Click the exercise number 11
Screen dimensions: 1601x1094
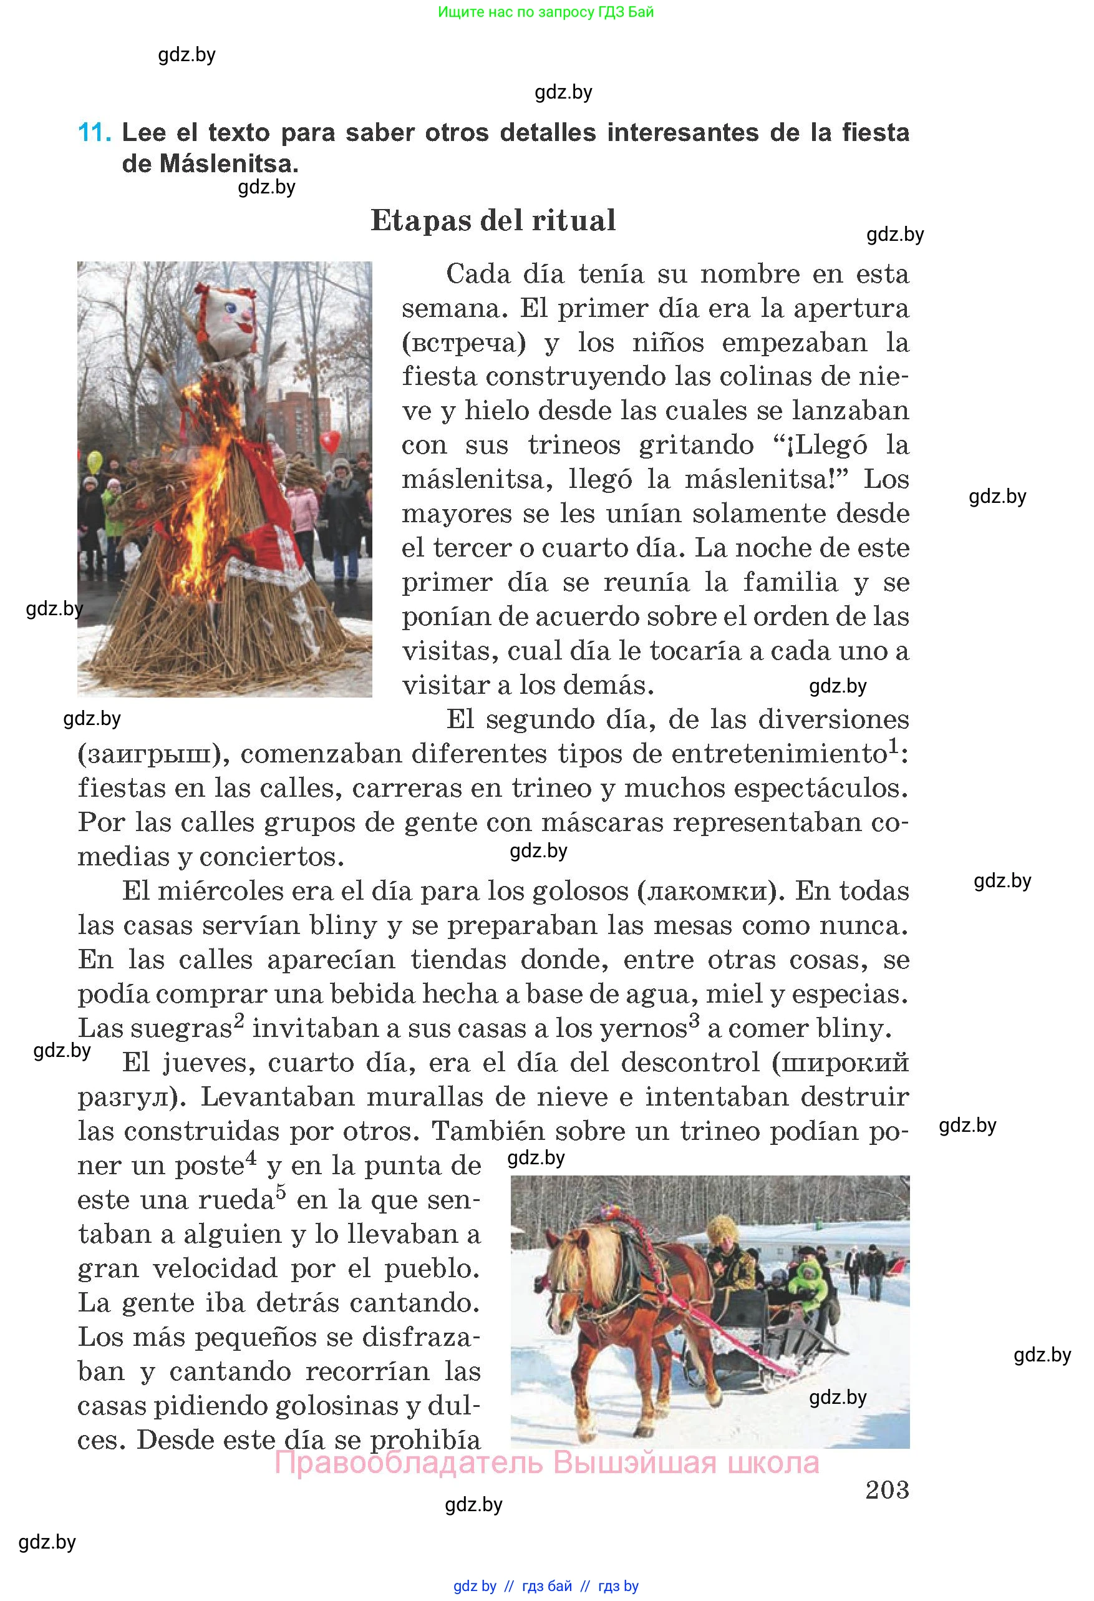[94, 132]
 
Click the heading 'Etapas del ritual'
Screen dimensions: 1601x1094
[493, 220]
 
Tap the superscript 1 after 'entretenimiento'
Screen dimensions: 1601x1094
[894, 746]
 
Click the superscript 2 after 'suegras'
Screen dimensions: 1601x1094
[239, 1020]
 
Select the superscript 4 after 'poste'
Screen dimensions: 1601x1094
[251, 1157]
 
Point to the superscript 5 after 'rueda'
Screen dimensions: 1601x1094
[281, 1192]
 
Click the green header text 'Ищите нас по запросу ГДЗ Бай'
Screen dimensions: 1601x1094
[545, 12]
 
